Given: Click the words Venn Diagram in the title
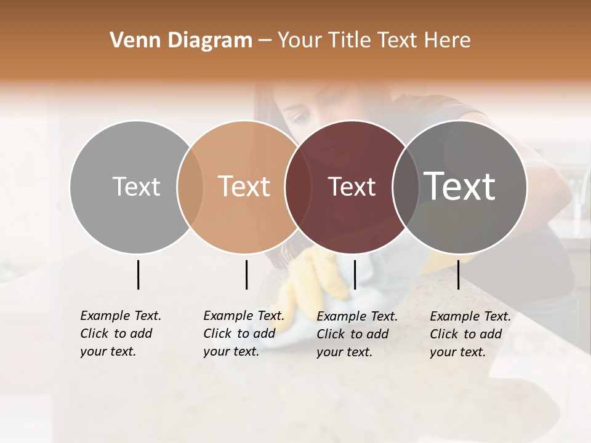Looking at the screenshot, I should point(181,41).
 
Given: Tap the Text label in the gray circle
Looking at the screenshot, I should point(136,186).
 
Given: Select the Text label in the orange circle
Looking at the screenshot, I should point(244,186).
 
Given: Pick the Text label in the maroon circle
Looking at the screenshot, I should point(352,186).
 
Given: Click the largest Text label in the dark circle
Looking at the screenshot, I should point(460,186).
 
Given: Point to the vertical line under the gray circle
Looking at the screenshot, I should point(138,274).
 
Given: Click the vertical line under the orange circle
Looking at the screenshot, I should point(246,274).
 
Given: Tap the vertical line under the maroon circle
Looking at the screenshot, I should point(355,274).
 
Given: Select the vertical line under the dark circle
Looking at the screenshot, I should point(458,274).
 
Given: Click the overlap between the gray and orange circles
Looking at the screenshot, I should point(190,186).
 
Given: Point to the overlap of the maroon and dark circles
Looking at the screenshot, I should point(403,186).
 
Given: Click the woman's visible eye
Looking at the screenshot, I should point(300,117).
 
